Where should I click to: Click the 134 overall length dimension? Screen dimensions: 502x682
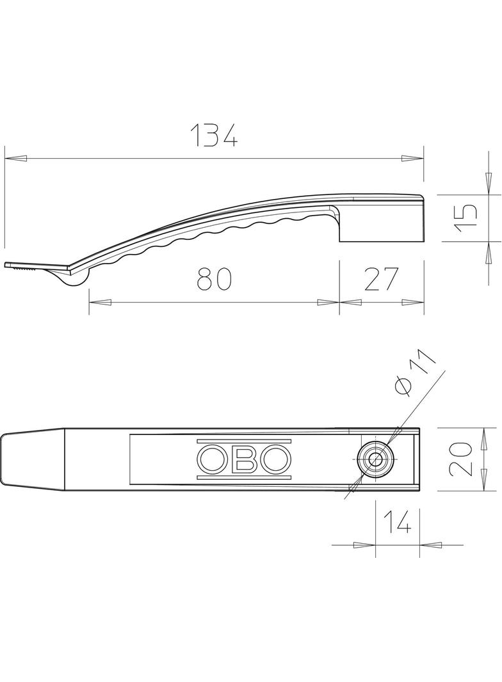pyautogui.click(x=215, y=135)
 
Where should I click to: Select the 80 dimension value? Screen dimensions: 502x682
pyautogui.click(x=213, y=279)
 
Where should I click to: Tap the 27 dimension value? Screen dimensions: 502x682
pyautogui.click(x=382, y=279)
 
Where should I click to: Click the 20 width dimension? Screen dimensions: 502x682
pyautogui.click(x=460, y=459)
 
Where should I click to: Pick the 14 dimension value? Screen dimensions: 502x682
pyautogui.click(x=397, y=522)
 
